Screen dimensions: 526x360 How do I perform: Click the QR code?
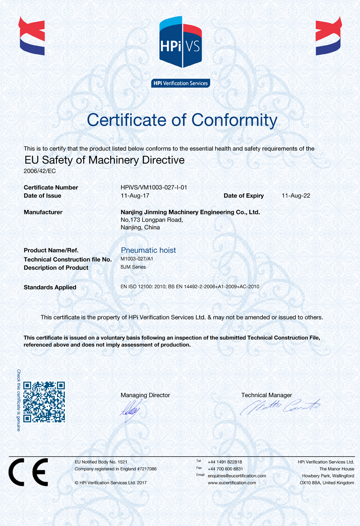pos(44,402)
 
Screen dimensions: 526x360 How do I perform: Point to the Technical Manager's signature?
pos(280,407)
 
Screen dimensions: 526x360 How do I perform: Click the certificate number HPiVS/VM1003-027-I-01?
pos(154,187)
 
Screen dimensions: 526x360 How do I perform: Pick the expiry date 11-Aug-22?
pos(296,196)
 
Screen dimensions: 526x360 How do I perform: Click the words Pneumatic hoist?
pos(148,250)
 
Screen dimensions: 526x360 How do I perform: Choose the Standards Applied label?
pos(50,287)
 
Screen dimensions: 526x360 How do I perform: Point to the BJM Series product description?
pos(133,267)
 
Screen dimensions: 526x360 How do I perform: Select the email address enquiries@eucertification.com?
pos(237,476)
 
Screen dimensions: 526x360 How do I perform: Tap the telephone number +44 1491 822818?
pos(225,462)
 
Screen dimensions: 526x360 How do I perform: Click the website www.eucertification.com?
pos(232,483)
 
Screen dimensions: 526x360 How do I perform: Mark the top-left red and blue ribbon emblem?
pos(32,36)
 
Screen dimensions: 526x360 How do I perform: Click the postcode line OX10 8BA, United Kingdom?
pos(327,483)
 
